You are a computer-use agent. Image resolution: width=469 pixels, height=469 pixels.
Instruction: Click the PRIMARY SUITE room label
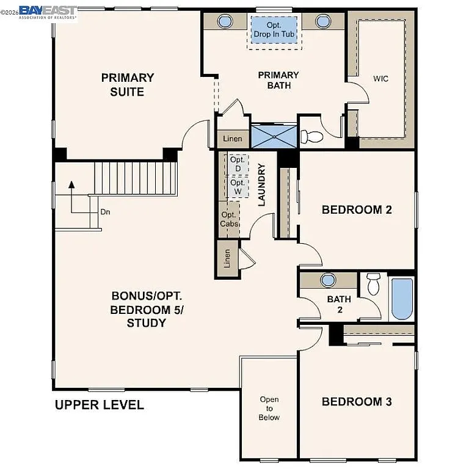click(x=127, y=85)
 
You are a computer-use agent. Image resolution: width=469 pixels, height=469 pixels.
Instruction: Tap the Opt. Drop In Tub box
click(x=274, y=30)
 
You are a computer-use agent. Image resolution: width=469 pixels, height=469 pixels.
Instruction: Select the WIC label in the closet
click(x=381, y=79)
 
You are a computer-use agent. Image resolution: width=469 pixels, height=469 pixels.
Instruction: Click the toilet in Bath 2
click(x=373, y=285)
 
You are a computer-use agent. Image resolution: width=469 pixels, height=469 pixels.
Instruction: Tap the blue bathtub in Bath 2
click(x=402, y=299)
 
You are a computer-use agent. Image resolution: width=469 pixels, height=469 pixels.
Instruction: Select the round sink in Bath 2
click(x=329, y=280)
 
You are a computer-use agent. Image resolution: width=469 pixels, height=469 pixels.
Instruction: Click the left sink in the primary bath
click(x=225, y=21)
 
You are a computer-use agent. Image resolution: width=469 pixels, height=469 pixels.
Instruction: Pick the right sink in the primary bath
click(x=322, y=21)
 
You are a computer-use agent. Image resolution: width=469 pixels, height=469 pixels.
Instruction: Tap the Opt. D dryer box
click(x=237, y=164)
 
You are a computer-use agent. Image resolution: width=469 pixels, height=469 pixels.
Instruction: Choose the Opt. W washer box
click(x=237, y=187)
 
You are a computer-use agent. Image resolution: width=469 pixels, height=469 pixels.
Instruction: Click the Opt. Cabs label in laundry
click(x=229, y=219)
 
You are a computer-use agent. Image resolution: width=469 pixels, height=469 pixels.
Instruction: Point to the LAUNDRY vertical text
click(x=261, y=184)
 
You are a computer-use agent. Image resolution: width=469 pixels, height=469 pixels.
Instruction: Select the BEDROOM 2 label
click(x=357, y=209)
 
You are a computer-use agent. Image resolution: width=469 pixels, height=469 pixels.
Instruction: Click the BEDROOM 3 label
click(x=357, y=402)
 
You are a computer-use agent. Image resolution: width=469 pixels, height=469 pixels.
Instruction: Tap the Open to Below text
click(x=269, y=409)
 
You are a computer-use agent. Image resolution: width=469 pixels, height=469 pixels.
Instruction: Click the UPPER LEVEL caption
click(x=100, y=405)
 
